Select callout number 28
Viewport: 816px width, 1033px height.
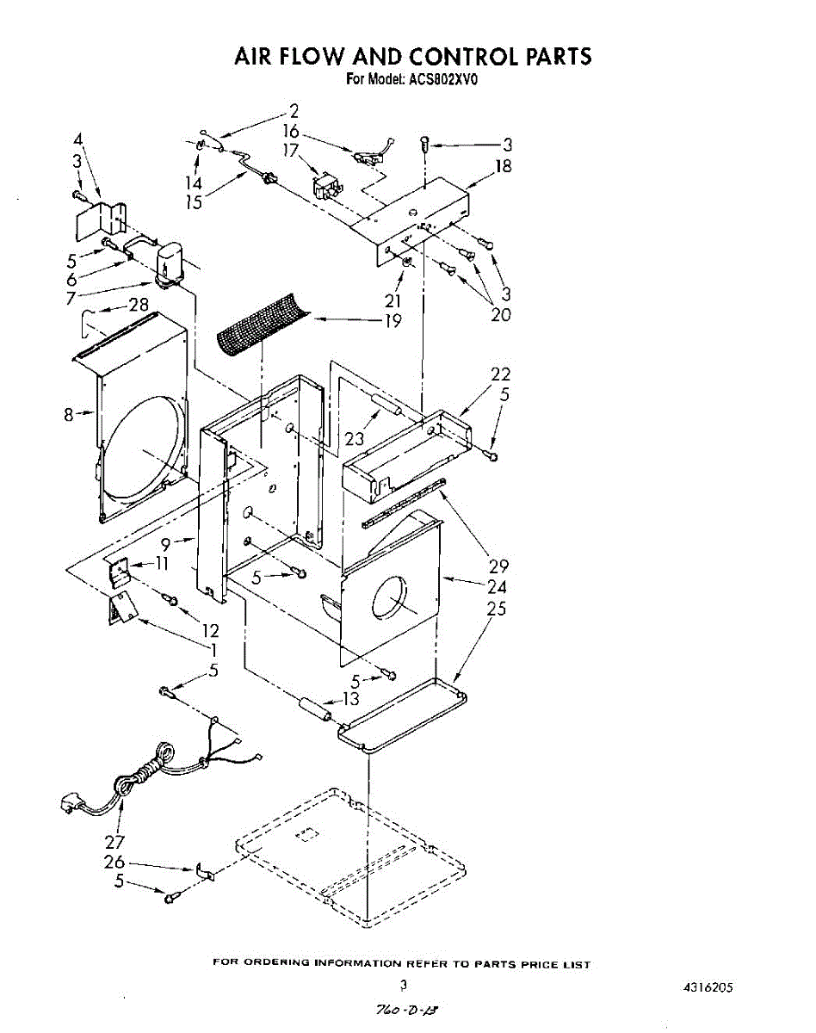138,305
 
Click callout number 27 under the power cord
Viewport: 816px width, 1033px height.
114,842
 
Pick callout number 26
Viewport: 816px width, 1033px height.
114,862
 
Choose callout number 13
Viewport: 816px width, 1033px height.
350,699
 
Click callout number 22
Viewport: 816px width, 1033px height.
500,374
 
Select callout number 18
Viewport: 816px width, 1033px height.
503,165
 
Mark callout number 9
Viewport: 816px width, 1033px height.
166,543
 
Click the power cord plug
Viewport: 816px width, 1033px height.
70,805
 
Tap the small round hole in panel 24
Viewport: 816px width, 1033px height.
389,597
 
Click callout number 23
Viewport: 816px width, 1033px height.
355,438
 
